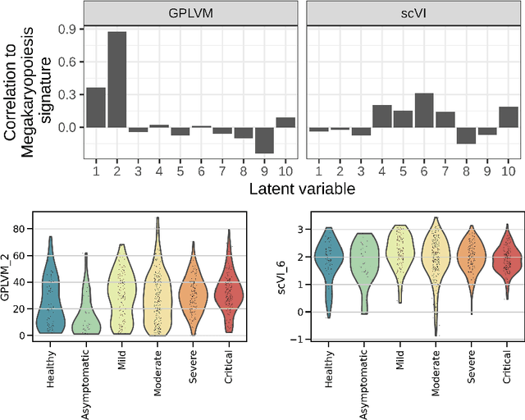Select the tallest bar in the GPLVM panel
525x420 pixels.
pyautogui.click(x=116, y=80)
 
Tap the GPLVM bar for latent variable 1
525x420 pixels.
pyautogui.click(x=95, y=107)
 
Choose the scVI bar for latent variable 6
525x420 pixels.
pyautogui.click(x=423, y=111)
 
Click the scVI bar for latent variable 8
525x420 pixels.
pyautogui.click(x=466, y=135)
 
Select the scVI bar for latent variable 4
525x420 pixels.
pyautogui.click(x=381, y=116)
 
